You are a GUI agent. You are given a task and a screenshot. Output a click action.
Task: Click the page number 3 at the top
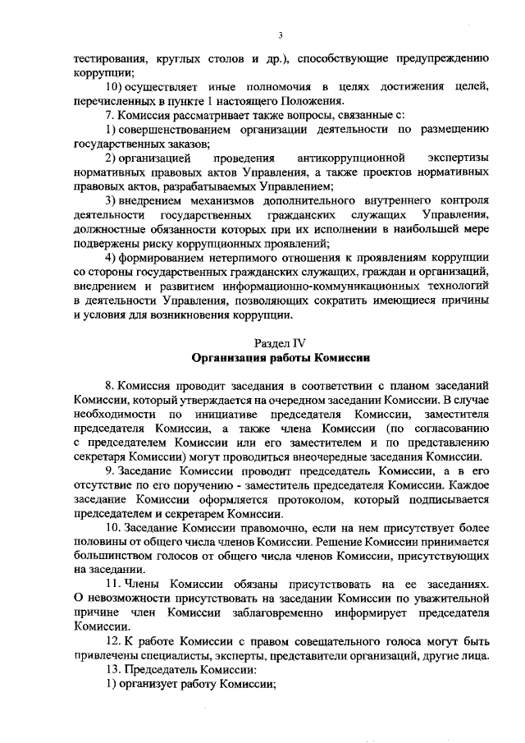click(281, 34)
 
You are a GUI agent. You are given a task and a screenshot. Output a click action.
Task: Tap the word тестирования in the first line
click(110, 59)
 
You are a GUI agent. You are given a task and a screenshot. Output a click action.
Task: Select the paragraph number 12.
click(113, 640)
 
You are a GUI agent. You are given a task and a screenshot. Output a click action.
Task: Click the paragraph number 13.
click(113, 669)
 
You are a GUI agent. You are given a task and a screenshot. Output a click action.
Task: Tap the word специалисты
click(178, 654)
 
